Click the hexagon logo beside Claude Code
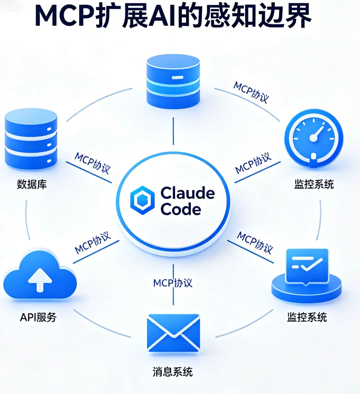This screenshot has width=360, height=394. [142, 200]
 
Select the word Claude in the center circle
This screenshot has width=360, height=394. [188, 193]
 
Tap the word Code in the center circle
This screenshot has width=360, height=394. [181, 209]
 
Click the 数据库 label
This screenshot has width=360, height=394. [32, 184]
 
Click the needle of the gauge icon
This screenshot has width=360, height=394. [318, 133]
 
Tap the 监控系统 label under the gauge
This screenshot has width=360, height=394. [314, 184]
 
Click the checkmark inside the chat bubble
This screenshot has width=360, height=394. [311, 265]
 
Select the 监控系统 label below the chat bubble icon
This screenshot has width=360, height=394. [307, 317]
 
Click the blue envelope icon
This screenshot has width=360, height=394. [173, 333]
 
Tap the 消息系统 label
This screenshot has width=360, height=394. [173, 372]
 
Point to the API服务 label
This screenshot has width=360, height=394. [38, 317]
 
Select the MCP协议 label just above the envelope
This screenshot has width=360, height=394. [173, 283]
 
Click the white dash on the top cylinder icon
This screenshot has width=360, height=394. [177, 78]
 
